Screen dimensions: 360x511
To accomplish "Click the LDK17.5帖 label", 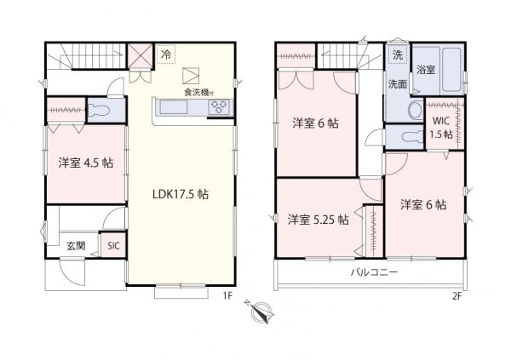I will pyautogui.click(x=181, y=194).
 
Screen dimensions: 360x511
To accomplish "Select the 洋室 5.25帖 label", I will pyautogui.click(x=317, y=220).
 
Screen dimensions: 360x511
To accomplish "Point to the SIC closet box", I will pyautogui.click(x=113, y=245).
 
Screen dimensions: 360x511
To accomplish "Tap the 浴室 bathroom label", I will pyautogui.click(x=426, y=71).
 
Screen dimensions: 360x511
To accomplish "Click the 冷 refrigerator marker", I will pyautogui.click(x=166, y=54).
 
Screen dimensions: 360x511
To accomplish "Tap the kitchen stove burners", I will pyautogui.click(x=219, y=108).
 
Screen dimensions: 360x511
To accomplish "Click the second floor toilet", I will pyautogui.click(x=403, y=135).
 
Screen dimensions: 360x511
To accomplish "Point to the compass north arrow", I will pyautogui.click(x=259, y=314).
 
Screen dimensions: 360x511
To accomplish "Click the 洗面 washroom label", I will pyautogui.click(x=398, y=84).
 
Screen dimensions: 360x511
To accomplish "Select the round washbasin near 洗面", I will pyautogui.click(x=415, y=111).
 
